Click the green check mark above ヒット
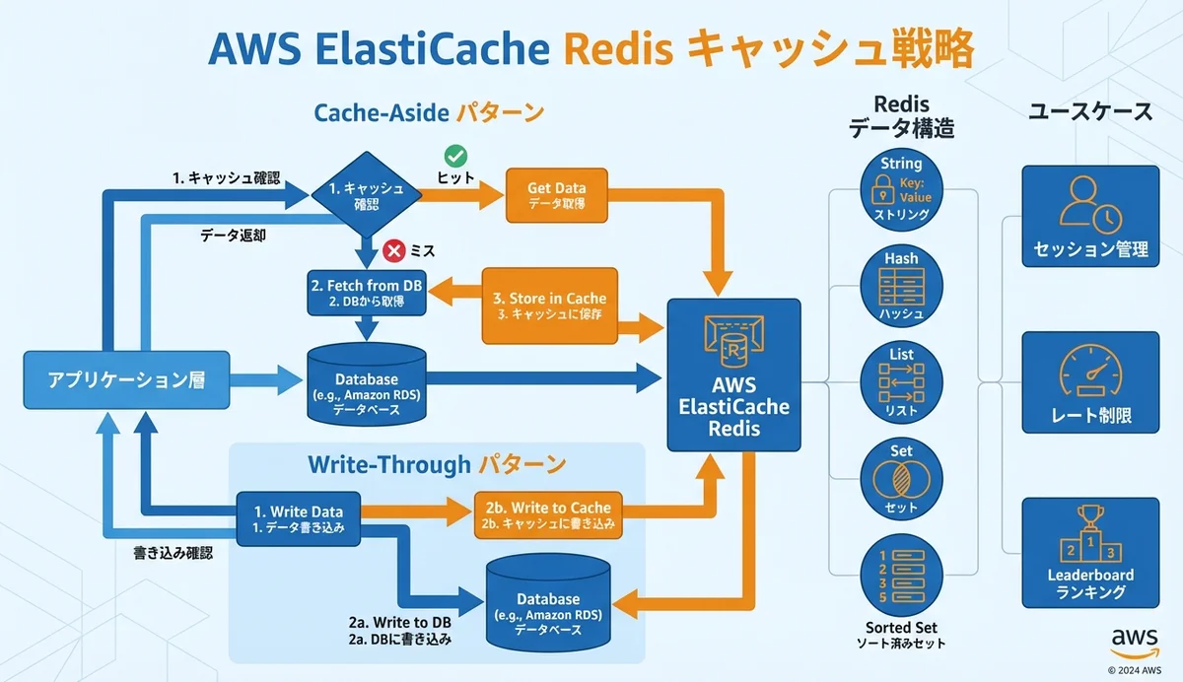(x=455, y=156)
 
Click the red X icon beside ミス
(x=393, y=251)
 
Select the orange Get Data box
(x=556, y=194)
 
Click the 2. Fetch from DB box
(x=366, y=293)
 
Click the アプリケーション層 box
(x=126, y=379)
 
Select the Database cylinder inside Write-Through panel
(x=547, y=603)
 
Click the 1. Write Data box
(x=298, y=518)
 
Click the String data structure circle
(x=901, y=188)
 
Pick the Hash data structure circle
(x=901, y=287)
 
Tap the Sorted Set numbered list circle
(x=901, y=576)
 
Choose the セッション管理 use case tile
(x=1090, y=217)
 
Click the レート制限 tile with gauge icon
(x=1090, y=382)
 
